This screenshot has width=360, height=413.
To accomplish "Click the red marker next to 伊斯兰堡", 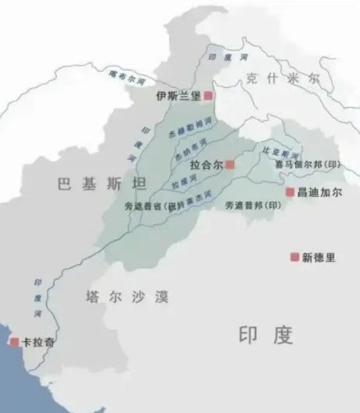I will [208, 96].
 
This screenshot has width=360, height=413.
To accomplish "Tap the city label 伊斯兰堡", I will [178, 96].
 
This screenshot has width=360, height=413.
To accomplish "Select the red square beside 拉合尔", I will [230, 165].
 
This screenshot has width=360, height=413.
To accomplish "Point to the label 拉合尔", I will [207, 165].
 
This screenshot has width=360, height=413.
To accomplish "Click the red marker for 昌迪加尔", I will [289, 191].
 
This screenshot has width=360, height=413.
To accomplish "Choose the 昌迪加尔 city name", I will [318, 191].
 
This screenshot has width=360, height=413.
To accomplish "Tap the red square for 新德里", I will [295, 257].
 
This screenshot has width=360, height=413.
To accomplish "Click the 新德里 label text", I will [319, 257].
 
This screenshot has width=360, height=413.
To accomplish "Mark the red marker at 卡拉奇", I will [14, 342].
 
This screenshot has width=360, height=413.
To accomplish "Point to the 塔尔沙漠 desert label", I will [126, 297].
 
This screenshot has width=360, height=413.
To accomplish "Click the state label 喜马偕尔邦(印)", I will [306, 164].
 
